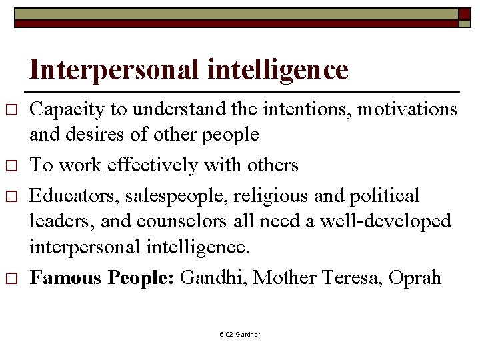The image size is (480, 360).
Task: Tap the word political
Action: pos(387,196)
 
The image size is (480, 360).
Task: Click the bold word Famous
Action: pos(65,277)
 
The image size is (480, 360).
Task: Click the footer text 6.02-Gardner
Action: pos(240,334)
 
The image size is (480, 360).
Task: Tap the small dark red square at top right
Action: pos(464,14)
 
